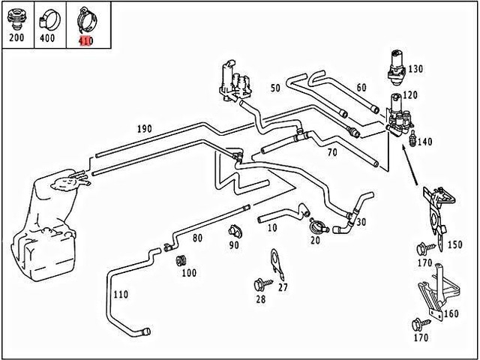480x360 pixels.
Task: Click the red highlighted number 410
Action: click(x=86, y=40)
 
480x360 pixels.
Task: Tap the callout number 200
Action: click(x=16, y=37)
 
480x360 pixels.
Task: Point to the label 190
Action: click(x=144, y=129)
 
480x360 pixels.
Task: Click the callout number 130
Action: click(x=415, y=69)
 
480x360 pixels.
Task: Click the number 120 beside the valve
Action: click(x=410, y=96)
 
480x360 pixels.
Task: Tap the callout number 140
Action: click(x=424, y=141)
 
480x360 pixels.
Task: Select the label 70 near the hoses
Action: click(x=332, y=153)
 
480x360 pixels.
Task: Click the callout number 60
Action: click(x=361, y=88)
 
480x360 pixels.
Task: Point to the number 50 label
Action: click(x=275, y=88)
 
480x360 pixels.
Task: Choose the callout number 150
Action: click(x=454, y=244)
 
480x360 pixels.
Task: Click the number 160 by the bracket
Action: click(x=451, y=313)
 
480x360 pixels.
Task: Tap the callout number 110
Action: click(x=121, y=294)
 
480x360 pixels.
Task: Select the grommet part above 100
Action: click(x=180, y=260)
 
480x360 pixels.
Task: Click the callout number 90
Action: click(x=234, y=245)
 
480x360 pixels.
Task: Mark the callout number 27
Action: click(x=283, y=286)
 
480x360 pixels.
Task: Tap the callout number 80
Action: click(x=197, y=238)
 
